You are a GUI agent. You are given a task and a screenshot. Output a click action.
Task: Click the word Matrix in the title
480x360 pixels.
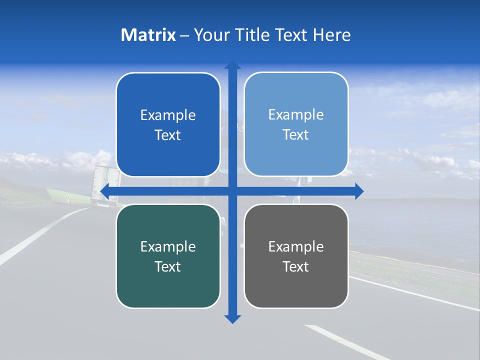[148, 35]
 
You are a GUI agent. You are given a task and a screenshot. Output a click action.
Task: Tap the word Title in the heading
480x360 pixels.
[254, 35]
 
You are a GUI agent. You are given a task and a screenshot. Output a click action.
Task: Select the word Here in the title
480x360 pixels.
[331, 35]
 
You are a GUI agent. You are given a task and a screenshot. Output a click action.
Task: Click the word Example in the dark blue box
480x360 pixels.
[168, 115]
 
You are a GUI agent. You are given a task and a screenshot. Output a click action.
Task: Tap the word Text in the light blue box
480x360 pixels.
[296, 135]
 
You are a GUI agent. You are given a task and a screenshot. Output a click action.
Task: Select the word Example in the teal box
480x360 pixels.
[168, 246]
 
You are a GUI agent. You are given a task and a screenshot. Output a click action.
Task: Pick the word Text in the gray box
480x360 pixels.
[296, 266]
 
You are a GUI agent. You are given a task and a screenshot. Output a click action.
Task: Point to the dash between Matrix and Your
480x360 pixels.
[184, 35]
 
